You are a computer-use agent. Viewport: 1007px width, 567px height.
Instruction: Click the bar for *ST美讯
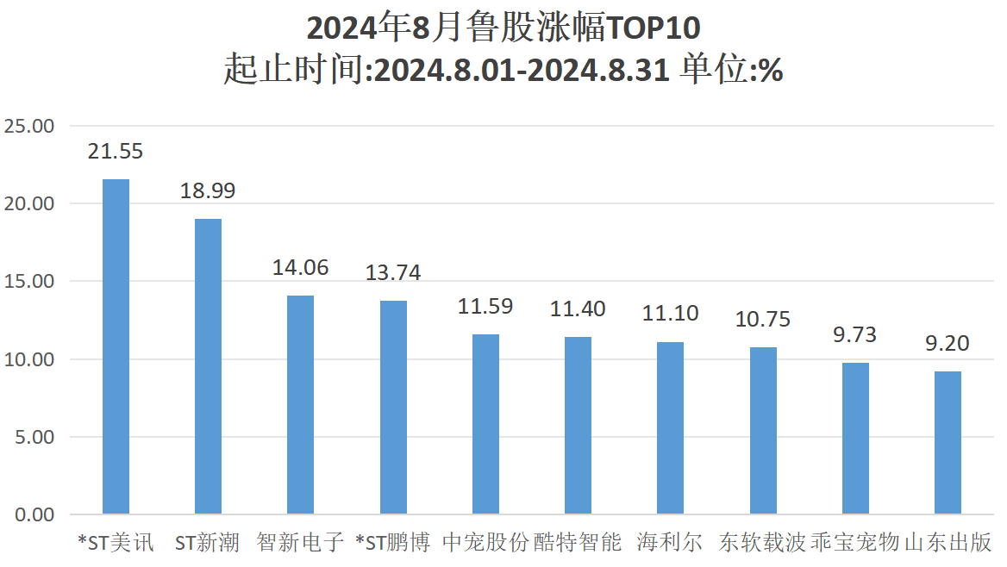click(x=116, y=346)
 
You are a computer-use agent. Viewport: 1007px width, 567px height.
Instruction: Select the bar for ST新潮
click(x=208, y=366)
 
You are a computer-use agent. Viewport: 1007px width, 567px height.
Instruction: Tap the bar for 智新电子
click(x=300, y=405)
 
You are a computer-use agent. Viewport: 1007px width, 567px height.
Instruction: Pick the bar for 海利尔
click(x=670, y=428)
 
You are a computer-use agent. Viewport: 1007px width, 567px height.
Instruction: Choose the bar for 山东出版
click(x=948, y=443)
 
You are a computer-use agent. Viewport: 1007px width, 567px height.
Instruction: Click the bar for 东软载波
click(x=763, y=431)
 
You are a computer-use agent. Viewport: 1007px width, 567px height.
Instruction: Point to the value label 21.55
click(x=116, y=152)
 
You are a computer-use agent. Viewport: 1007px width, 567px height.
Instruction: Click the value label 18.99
click(x=208, y=191)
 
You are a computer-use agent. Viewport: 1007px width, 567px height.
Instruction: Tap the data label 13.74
click(x=393, y=273)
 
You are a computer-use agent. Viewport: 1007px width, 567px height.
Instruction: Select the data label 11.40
click(x=578, y=308)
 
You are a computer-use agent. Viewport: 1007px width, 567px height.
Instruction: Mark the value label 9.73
click(x=854, y=335)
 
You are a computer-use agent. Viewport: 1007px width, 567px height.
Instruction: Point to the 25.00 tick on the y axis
click(x=29, y=127)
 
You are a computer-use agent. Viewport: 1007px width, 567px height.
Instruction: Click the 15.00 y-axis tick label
click(x=29, y=282)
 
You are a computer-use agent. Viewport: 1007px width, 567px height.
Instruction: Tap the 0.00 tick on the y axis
click(x=34, y=515)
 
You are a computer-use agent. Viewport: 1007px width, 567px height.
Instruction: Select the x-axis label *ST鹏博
click(x=392, y=543)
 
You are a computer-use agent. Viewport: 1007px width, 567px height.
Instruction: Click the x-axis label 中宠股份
click(x=485, y=543)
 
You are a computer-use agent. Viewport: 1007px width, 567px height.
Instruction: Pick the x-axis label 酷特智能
click(x=578, y=543)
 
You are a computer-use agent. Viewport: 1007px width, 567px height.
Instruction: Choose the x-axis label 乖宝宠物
click(x=854, y=543)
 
